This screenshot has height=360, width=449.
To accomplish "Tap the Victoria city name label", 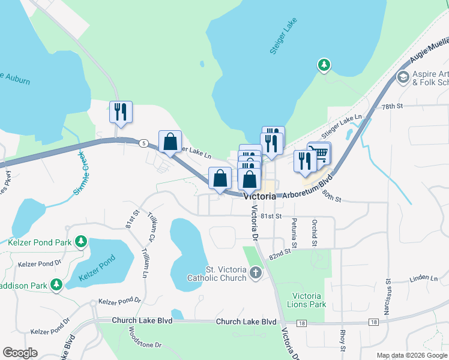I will click(x=259, y=196).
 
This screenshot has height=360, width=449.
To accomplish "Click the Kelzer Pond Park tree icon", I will click(x=80, y=242).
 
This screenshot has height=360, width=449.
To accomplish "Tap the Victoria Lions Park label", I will click(x=309, y=300).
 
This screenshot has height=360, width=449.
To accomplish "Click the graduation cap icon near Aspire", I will click(x=403, y=77).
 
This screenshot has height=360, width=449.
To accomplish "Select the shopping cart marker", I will click(x=319, y=152).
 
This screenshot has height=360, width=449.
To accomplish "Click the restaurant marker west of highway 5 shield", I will click(x=121, y=112).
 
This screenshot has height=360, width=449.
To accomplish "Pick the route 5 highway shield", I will click(x=143, y=143).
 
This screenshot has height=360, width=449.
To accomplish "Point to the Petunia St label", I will click(x=294, y=233).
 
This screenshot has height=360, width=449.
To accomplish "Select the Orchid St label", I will click(x=314, y=233).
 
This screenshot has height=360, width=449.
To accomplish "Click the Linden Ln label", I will click(x=424, y=278).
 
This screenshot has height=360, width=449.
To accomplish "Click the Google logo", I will click(x=20, y=353).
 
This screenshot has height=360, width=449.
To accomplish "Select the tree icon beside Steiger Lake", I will click(x=324, y=64).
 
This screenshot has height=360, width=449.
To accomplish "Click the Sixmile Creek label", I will click(x=80, y=173).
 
